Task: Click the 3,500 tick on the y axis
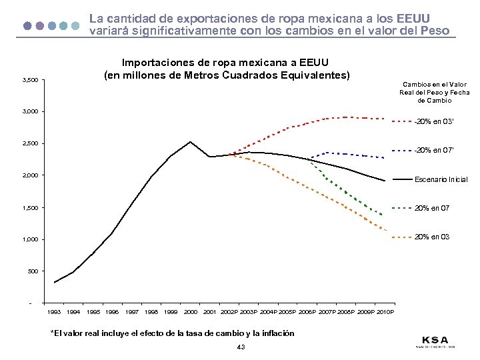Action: [x=29, y=81]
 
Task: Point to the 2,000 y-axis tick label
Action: [x=29, y=176]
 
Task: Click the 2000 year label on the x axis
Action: [x=190, y=312]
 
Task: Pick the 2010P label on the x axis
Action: [x=385, y=312]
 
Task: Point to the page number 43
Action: [x=241, y=347]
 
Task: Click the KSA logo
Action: [x=435, y=340]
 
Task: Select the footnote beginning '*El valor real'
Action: [x=172, y=333]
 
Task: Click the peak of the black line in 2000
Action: [x=190, y=141]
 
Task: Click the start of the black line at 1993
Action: [x=55, y=283]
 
